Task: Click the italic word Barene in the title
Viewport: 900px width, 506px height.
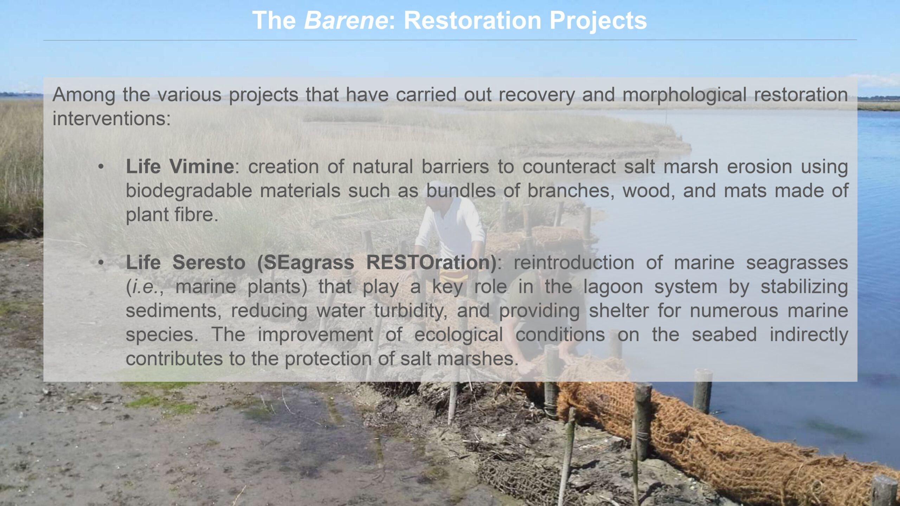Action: pos(346,20)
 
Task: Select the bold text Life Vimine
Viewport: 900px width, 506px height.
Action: pos(180,167)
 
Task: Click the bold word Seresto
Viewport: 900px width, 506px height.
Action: pos(209,262)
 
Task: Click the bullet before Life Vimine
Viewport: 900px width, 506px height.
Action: pos(101,167)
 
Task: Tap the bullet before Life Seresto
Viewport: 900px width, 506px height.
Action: pos(101,262)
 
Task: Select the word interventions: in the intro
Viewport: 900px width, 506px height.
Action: pos(112,118)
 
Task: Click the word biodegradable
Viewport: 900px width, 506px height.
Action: pos(189,191)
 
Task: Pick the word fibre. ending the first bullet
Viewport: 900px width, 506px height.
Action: pos(193,214)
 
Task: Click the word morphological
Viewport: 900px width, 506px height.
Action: pos(684,95)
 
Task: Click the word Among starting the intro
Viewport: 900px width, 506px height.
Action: pos(84,95)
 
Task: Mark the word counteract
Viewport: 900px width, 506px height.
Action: pos(569,167)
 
